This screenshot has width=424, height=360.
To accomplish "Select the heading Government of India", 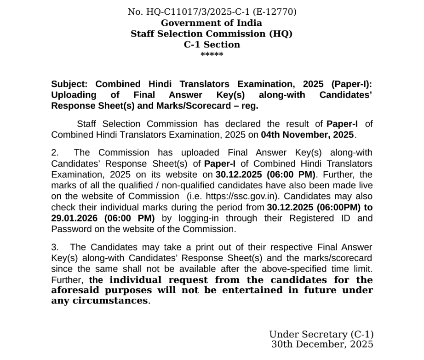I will [212, 23].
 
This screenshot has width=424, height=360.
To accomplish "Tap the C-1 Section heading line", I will [212, 45].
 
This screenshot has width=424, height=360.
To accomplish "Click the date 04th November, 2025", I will [308, 135].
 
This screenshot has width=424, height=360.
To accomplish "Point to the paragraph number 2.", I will [54, 153].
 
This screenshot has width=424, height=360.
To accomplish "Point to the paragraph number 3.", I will [54, 248].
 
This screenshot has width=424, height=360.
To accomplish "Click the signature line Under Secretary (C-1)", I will [321, 335].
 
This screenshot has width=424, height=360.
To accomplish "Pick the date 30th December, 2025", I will [322, 344].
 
